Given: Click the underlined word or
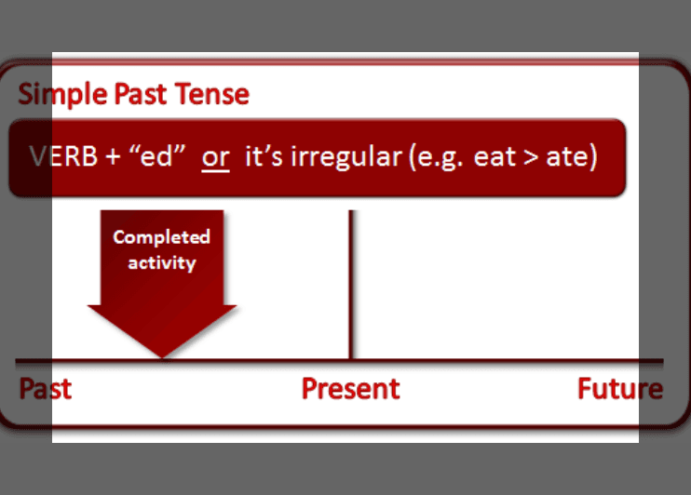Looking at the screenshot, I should (x=215, y=155).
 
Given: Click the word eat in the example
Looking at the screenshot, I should (x=495, y=155).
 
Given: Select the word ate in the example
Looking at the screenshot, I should (x=569, y=155).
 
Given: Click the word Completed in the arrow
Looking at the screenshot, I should (x=162, y=236).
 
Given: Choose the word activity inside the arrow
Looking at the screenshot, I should (x=162, y=262).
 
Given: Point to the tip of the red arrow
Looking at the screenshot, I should (x=162, y=355).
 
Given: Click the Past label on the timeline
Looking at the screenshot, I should (x=46, y=388).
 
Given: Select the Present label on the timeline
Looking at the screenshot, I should (x=350, y=388).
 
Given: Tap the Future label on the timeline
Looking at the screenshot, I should (x=620, y=388).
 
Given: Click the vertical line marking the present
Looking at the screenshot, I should (x=350, y=279).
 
